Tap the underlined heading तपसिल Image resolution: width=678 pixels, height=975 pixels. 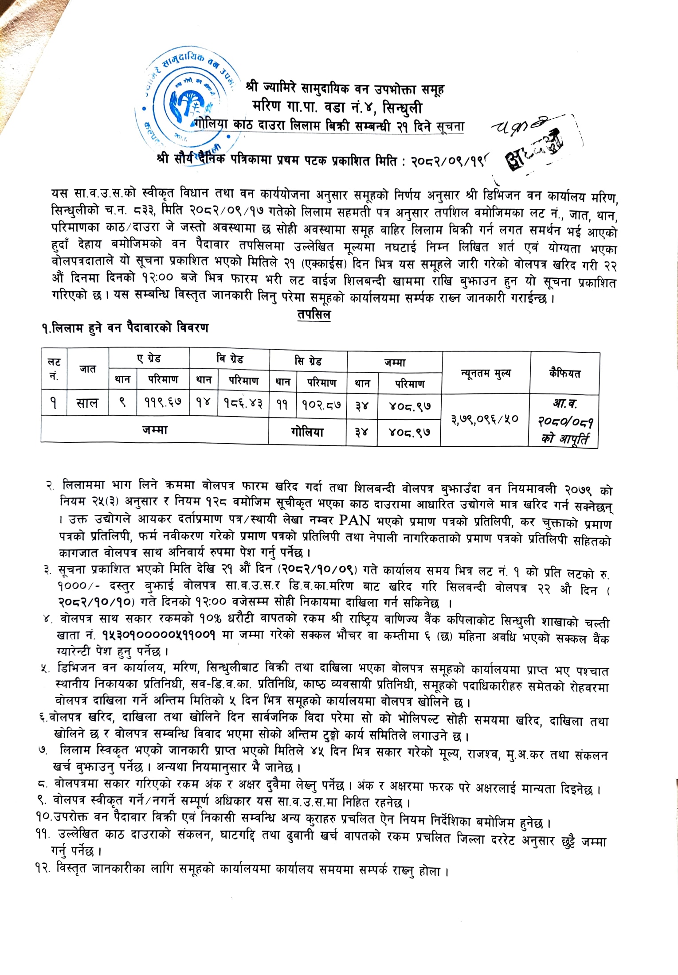pyautogui.click(x=314, y=315)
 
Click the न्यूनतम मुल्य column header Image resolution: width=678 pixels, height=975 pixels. pyautogui.click(x=486, y=374)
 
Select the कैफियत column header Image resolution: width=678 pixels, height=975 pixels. pyautogui.click(x=564, y=373)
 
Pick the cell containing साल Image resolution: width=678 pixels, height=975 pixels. pyautogui.click(x=87, y=403)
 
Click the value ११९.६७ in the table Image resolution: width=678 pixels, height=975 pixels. pyautogui.click(x=163, y=403)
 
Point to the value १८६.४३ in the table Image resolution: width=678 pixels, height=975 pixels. pyautogui.click(x=243, y=404)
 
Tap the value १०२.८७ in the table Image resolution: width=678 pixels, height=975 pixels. pyautogui.click(x=321, y=405)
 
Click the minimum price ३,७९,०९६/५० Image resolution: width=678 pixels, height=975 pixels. pyautogui.click(x=485, y=419)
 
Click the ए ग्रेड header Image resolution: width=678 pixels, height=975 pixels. pyautogui.click(x=149, y=358)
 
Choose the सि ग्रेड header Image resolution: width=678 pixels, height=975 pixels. pyautogui.click(x=308, y=361)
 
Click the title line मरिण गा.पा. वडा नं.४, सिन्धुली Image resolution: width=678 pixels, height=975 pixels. pyautogui.click(x=337, y=107)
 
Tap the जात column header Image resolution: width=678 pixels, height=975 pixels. pyautogui.click(x=88, y=369)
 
